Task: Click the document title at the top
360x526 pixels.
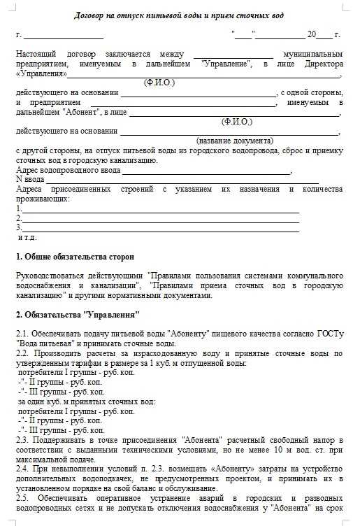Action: coord(179,15)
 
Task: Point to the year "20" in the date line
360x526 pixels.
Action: coord(311,34)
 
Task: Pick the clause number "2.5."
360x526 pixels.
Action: coord(23,497)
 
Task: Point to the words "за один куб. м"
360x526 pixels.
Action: coord(45,401)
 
